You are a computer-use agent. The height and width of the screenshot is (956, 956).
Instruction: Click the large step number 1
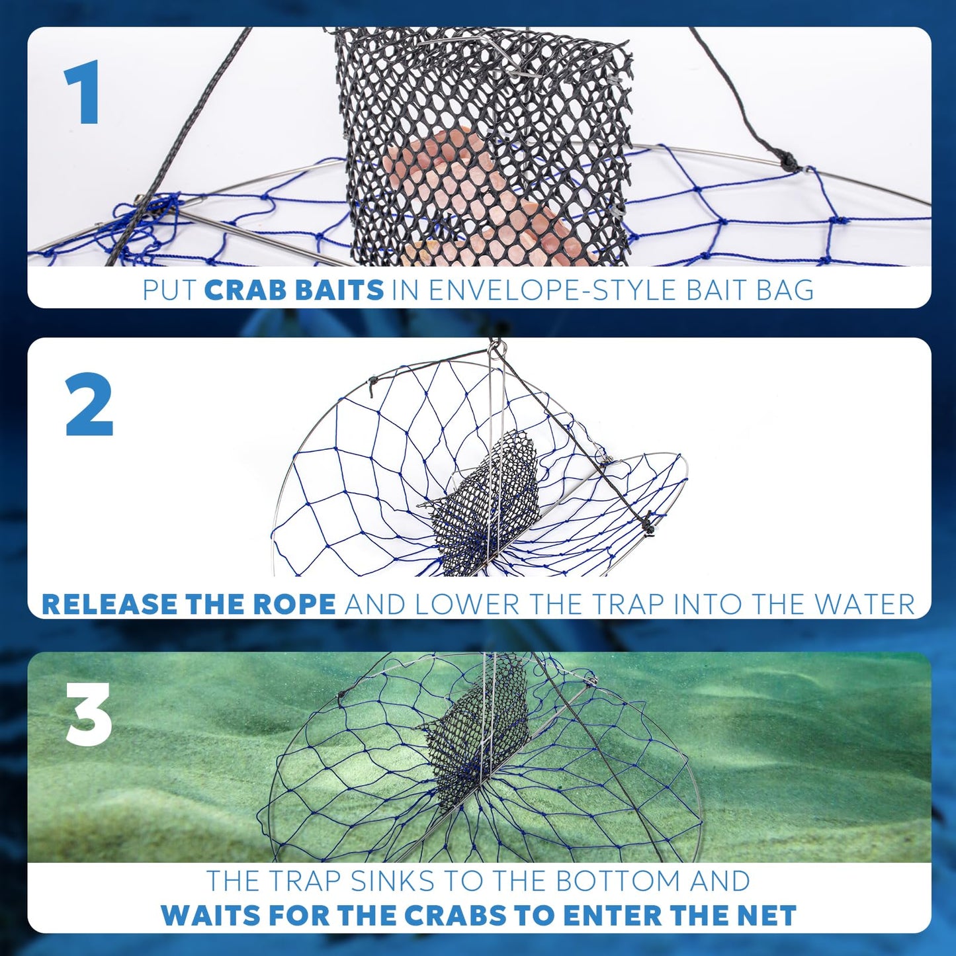point(83,92)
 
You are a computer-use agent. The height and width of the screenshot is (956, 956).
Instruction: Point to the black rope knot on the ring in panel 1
point(787,161)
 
